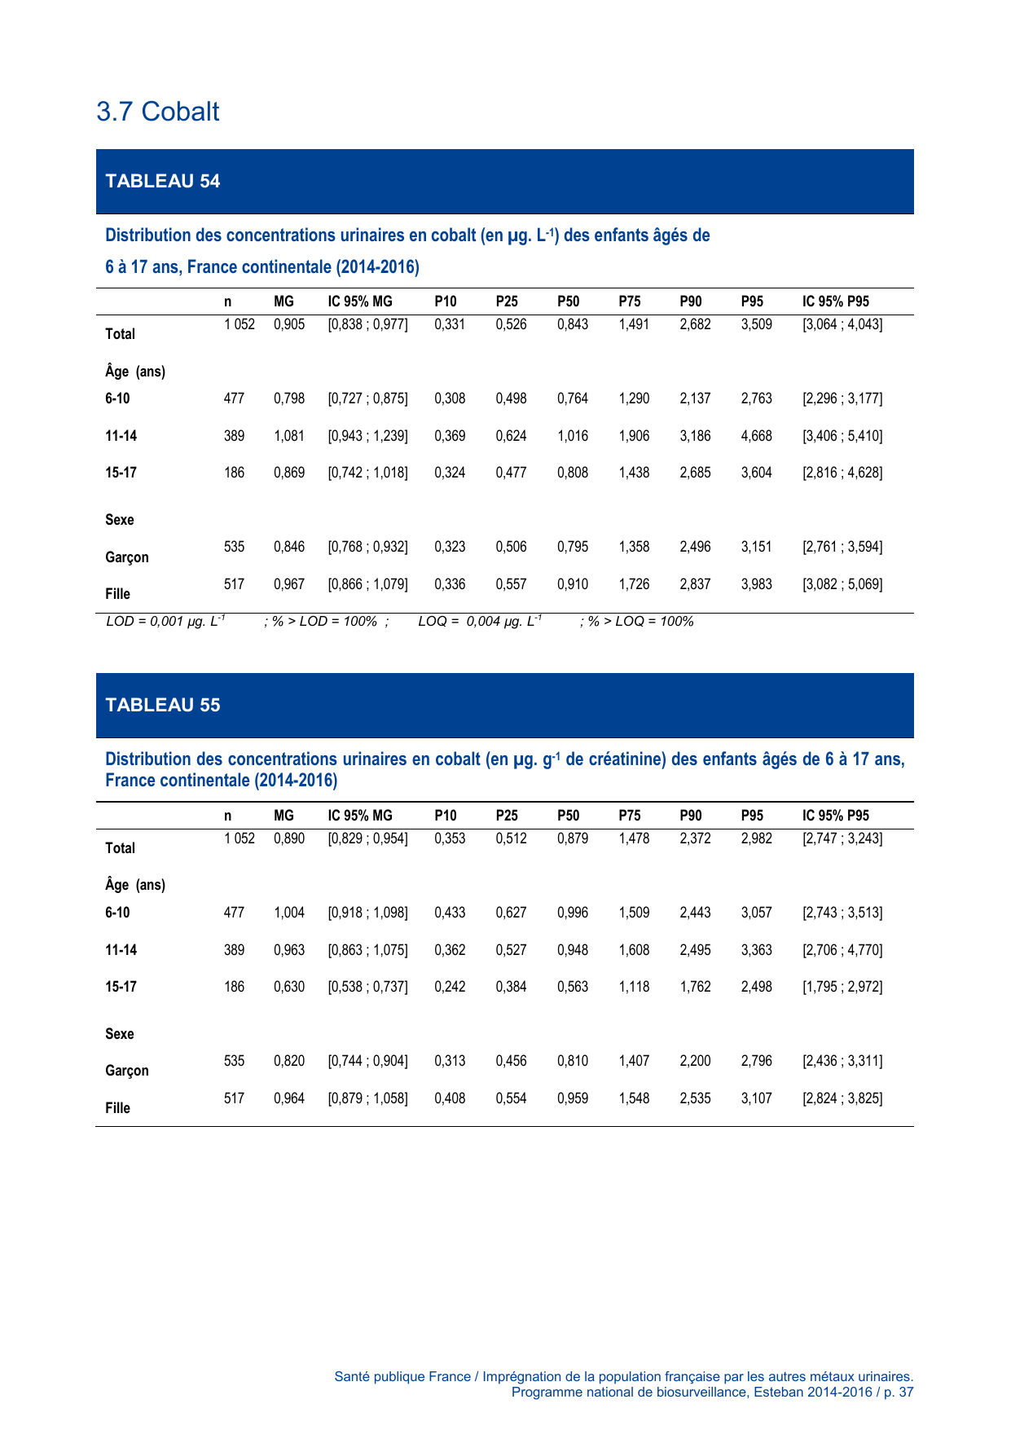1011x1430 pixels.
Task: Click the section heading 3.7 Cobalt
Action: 157,112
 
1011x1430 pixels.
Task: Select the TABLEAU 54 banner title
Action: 163,181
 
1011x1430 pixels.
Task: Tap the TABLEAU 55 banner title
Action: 163,705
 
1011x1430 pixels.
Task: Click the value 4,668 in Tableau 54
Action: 756,436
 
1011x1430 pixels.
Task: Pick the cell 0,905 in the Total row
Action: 289,324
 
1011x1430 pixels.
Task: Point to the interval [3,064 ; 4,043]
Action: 842,324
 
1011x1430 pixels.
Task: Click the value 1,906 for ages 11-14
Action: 634,436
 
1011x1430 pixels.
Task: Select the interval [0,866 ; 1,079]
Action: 367,584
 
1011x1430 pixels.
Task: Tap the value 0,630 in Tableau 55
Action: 289,987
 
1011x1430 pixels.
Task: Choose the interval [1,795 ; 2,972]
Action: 842,987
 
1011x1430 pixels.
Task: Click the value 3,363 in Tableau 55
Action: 756,950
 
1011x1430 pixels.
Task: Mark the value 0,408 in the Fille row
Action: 450,1098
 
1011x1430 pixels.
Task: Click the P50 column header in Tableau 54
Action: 568,301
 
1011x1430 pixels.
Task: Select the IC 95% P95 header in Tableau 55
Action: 835,816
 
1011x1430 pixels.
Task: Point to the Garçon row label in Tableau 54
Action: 127,557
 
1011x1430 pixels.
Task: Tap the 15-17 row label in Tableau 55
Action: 121,987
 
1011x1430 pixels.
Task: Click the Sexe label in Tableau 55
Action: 120,1034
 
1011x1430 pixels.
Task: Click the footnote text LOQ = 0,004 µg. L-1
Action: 480,622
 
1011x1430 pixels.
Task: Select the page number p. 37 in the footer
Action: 897,1392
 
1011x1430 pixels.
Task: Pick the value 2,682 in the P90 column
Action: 695,324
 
